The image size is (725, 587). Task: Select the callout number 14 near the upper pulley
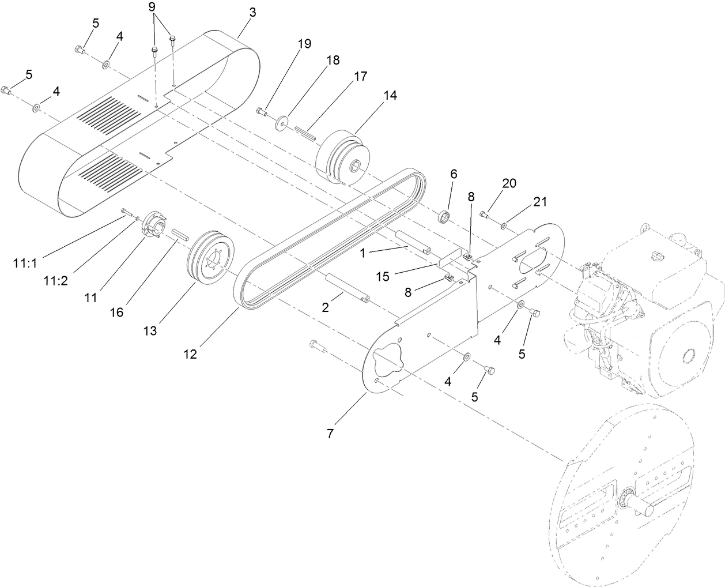(390, 95)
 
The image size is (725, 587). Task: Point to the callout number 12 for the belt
(190, 354)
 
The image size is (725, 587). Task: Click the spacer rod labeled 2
(346, 288)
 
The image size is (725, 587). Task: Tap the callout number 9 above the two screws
(152, 7)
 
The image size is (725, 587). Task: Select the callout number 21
(539, 202)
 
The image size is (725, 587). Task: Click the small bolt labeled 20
(484, 216)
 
